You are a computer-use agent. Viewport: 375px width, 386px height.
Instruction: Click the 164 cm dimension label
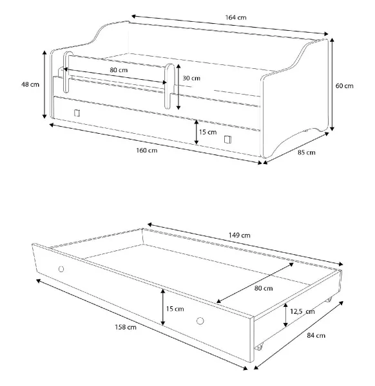[235, 17]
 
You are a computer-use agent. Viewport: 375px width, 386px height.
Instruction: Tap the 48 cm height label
[30, 84]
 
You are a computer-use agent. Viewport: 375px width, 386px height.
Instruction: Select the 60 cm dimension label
[344, 86]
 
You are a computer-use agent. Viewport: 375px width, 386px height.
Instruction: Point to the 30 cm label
[191, 78]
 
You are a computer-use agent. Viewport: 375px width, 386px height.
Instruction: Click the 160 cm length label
[147, 150]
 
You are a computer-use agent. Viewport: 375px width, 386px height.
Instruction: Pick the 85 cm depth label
[307, 152]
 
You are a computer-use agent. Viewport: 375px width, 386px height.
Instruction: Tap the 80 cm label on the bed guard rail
[119, 70]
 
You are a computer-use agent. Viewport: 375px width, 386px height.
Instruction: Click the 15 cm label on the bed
[208, 132]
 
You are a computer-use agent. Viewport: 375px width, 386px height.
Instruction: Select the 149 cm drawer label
[240, 235]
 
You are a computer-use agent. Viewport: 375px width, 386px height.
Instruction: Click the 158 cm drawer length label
[126, 327]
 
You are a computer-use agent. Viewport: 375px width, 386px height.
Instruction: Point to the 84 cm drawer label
[316, 335]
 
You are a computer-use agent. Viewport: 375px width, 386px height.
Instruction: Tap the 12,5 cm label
[302, 311]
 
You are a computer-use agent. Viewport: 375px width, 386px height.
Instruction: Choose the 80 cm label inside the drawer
[264, 288]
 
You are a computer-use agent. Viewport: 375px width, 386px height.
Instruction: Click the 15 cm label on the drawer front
[175, 309]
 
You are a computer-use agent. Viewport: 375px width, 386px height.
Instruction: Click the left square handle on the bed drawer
[77, 113]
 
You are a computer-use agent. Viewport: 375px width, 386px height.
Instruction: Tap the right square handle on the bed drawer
[228, 140]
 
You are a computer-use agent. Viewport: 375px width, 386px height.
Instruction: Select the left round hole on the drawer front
[61, 269]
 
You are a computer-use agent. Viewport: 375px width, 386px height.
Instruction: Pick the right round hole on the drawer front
[200, 321]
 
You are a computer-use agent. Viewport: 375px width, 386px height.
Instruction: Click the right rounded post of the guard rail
[169, 86]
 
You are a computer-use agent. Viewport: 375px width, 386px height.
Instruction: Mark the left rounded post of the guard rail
[66, 72]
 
